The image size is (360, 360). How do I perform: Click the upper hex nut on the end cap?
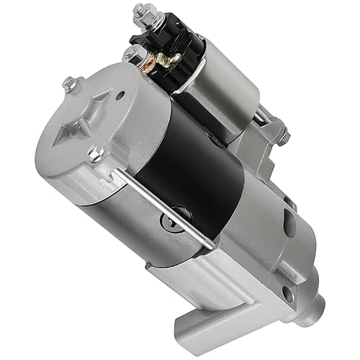[x=69, y=85]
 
